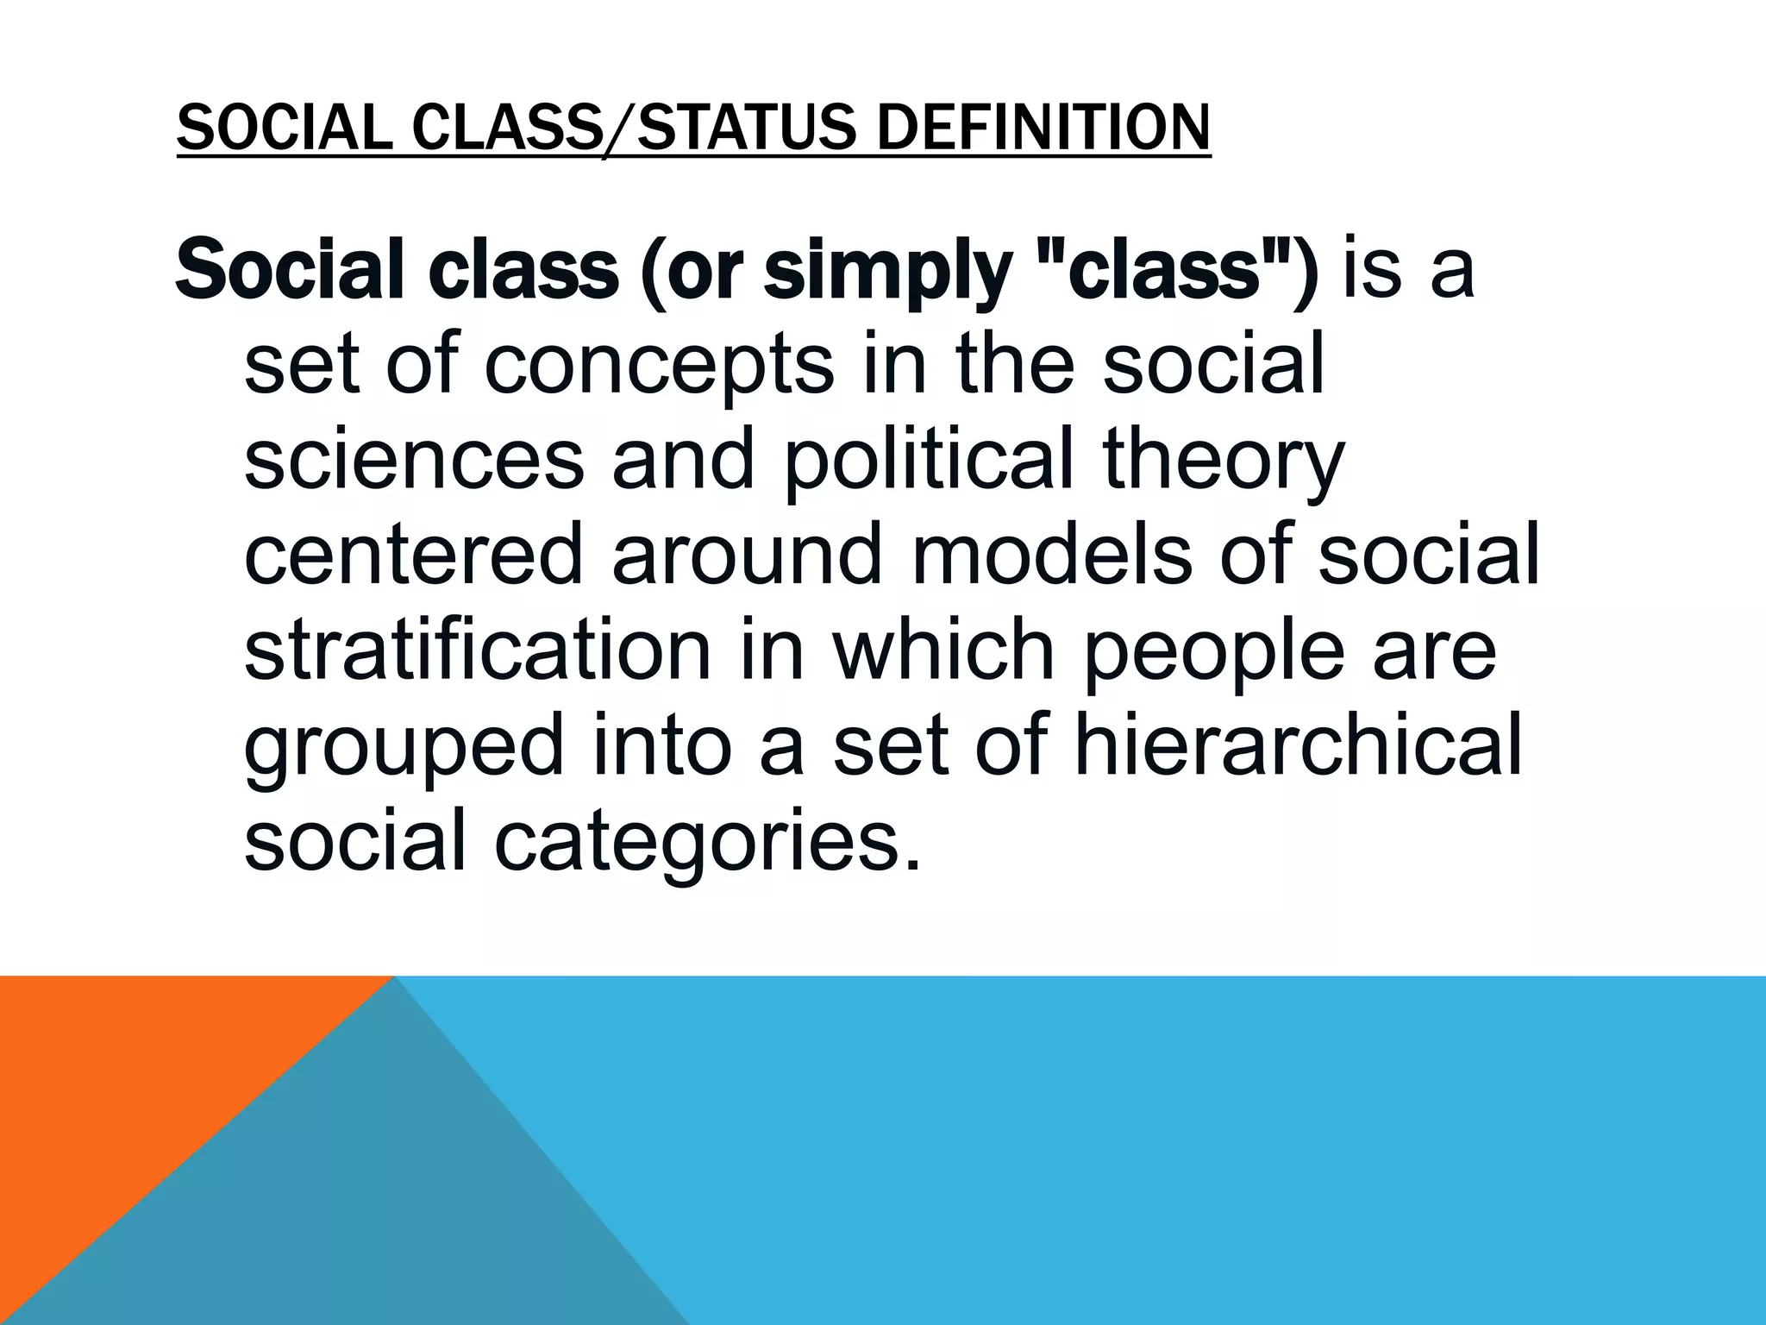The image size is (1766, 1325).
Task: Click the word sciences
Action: [414, 459]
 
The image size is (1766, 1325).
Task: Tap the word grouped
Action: [404, 745]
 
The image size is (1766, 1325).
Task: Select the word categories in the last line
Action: [707, 840]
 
